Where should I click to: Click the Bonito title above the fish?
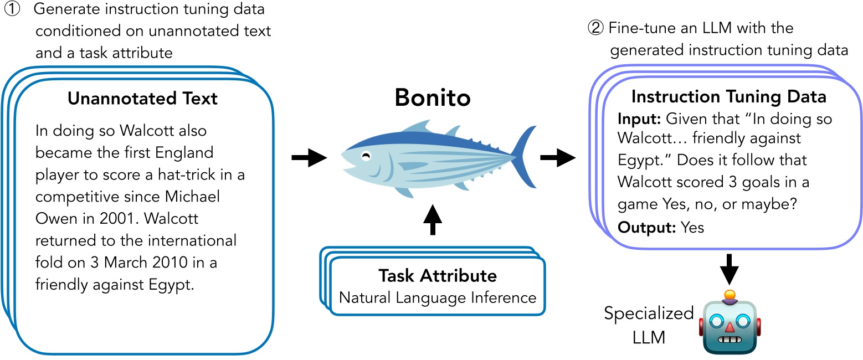[x=432, y=98]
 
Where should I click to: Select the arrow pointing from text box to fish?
[x=309, y=158]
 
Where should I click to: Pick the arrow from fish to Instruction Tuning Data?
[x=557, y=159]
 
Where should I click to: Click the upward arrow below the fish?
[x=432, y=220]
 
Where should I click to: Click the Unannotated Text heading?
[x=142, y=99]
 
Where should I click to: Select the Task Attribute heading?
[x=438, y=275]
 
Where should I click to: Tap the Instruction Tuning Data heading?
[x=729, y=97]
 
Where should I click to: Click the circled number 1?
[x=12, y=10]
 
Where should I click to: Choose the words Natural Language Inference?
[x=438, y=297]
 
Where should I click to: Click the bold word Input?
[x=639, y=119]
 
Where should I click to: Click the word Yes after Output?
[x=692, y=227]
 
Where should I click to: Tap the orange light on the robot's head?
[x=730, y=294]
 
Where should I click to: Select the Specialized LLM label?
[x=648, y=325]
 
